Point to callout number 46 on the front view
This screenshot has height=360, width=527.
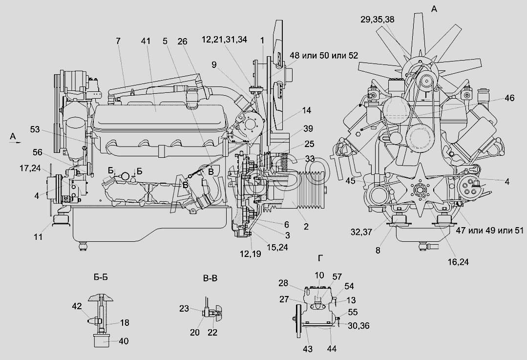[509, 98]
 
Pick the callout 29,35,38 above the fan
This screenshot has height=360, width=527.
[377, 20]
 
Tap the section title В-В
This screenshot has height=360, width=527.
[210, 278]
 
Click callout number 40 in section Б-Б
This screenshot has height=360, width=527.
[124, 341]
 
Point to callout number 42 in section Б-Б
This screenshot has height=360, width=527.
[77, 306]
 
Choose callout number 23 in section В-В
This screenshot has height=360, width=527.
[184, 308]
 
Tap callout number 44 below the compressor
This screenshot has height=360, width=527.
[332, 349]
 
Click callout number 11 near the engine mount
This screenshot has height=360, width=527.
[38, 237]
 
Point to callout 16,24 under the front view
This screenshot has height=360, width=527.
[458, 262]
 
